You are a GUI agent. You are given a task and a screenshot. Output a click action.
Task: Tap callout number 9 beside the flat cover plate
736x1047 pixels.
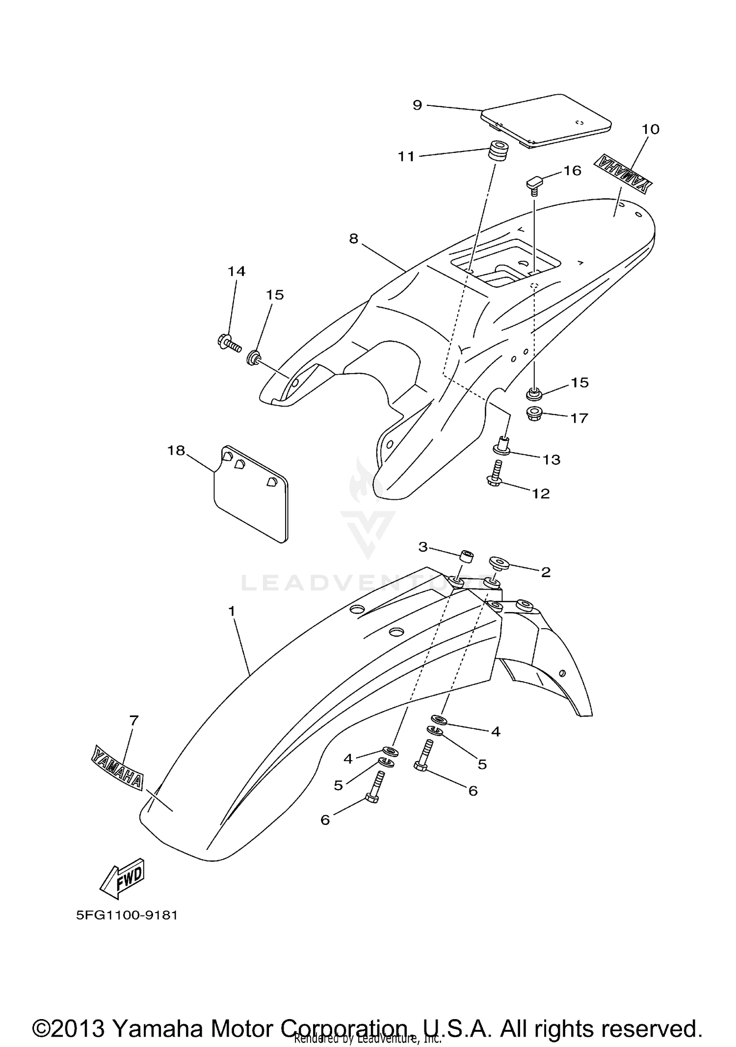[417, 105]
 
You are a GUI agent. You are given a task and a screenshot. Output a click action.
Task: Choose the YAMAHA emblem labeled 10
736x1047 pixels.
[624, 174]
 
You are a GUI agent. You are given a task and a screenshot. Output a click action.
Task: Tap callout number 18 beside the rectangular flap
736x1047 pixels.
[176, 450]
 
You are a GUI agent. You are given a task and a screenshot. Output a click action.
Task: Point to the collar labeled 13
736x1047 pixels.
[501, 444]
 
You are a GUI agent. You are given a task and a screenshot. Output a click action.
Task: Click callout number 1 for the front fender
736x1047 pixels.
[232, 611]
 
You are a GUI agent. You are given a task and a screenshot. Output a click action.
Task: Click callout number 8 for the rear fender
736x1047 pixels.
[354, 238]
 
